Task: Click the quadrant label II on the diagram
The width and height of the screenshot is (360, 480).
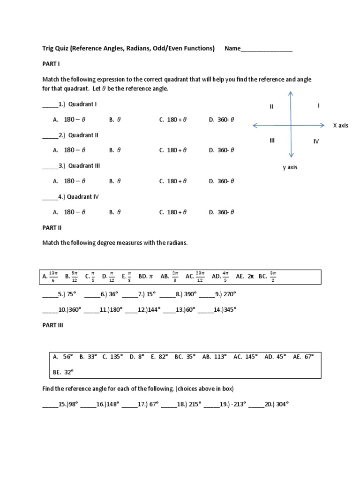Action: coord(271,107)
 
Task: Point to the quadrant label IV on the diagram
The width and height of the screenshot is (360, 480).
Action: coord(316,142)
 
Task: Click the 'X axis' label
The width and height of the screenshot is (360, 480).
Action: coord(340,126)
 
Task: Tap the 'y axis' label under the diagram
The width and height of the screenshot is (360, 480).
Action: coord(290,167)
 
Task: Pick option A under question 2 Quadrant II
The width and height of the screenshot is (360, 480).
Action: coord(69,150)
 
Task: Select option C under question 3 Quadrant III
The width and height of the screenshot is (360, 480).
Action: coord(173,181)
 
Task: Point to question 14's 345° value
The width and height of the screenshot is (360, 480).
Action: coord(228,309)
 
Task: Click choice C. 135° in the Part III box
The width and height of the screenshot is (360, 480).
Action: coord(112,357)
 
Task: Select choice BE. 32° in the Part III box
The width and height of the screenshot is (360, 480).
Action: coord(64,372)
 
